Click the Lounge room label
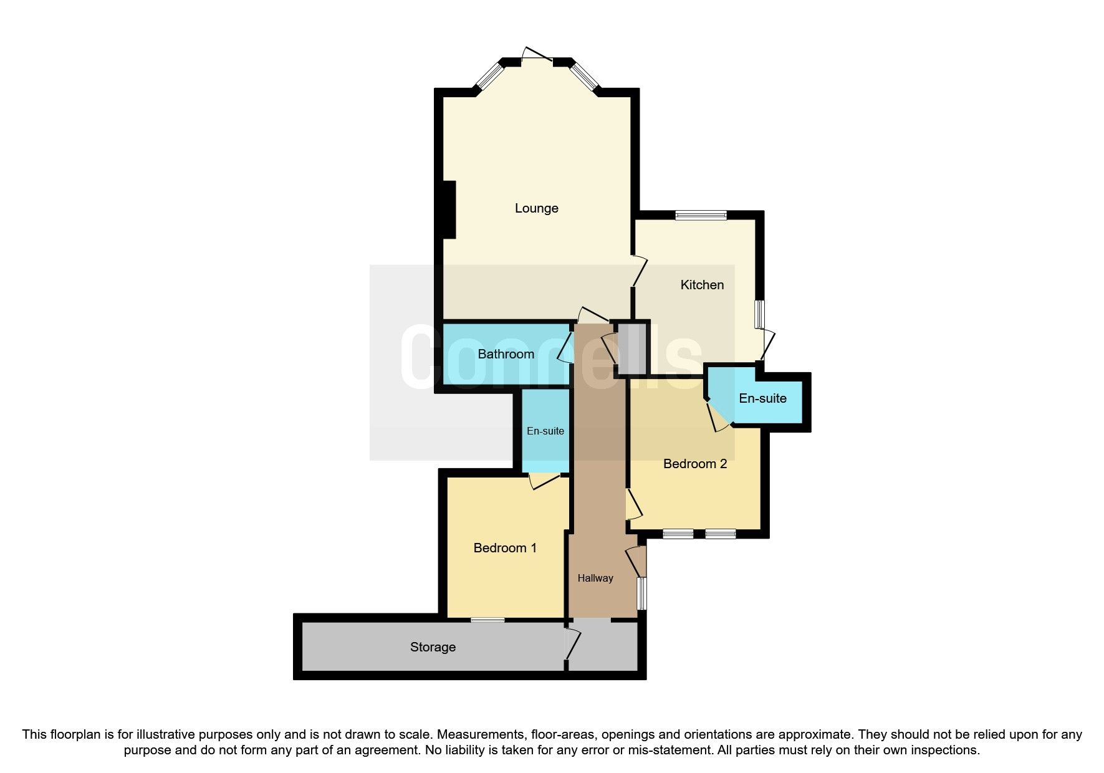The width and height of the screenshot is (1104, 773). click(536, 208)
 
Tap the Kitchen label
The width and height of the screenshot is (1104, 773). click(702, 285)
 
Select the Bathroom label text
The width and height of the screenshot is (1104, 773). click(506, 354)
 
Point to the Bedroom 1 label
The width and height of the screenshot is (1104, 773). click(505, 548)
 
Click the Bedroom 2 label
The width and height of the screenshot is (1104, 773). click(695, 464)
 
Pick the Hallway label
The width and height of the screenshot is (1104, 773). click(595, 579)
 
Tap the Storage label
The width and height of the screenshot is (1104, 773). click(433, 647)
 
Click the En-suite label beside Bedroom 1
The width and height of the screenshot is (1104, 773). click(545, 431)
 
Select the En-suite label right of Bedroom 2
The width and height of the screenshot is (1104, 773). click(762, 398)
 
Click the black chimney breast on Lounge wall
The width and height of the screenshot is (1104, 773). click(449, 209)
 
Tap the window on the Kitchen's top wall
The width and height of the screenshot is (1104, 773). click(701, 216)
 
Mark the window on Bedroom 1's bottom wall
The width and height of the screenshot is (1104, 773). click(487, 620)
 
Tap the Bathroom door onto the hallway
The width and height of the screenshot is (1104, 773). click(566, 347)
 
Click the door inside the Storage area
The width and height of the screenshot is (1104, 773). click(572, 645)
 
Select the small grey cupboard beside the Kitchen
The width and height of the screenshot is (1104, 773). click(631, 348)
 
